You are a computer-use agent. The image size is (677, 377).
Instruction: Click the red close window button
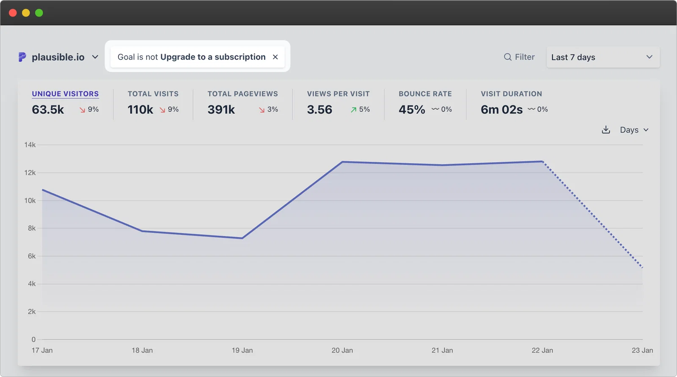pyautogui.click(x=13, y=13)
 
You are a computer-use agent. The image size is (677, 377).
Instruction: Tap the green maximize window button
pyautogui.click(x=39, y=13)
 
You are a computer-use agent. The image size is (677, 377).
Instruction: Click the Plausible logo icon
pyautogui.click(x=22, y=57)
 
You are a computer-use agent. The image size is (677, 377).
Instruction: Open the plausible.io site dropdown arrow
pyautogui.click(x=95, y=57)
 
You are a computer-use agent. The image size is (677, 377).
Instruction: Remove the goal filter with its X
pyautogui.click(x=275, y=57)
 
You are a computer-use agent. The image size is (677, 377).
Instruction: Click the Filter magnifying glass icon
pyautogui.click(x=507, y=57)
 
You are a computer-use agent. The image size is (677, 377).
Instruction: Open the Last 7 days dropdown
pyautogui.click(x=603, y=57)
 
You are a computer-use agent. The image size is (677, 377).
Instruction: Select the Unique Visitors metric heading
pyautogui.click(x=65, y=94)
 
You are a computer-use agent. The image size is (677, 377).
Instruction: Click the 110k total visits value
pyautogui.click(x=140, y=110)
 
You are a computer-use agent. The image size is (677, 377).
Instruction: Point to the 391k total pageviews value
pyautogui.click(x=221, y=110)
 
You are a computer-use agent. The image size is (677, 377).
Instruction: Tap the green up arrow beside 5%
pyautogui.click(x=353, y=110)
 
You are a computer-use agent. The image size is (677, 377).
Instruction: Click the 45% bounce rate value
pyautogui.click(x=412, y=110)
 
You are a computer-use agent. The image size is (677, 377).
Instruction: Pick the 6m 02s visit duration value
pyautogui.click(x=501, y=110)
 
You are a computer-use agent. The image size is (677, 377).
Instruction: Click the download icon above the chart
pyautogui.click(x=605, y=130)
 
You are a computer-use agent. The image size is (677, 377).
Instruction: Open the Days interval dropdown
pyautogui.click(x=634, y=130)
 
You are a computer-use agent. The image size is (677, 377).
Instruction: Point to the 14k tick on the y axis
pyautogui.click(x=30, y=145)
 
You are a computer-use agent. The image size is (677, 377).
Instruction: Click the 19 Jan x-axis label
pyautogui.click(x=242, y=350)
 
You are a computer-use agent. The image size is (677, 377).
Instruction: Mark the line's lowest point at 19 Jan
pyautogui.click(x=242, y=238)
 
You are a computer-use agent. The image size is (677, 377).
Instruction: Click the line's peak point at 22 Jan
pyautogui.click(x=542, y=161)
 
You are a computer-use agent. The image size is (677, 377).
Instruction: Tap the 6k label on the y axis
pyautogui.click(x=32, y=256)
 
